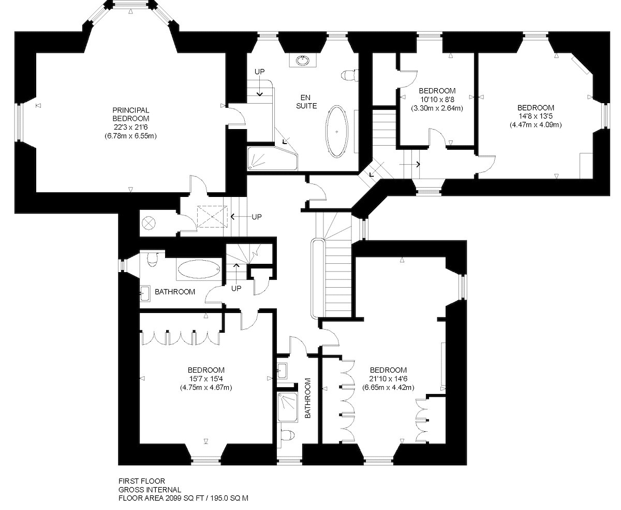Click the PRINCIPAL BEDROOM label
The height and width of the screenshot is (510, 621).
(x=131, y=114)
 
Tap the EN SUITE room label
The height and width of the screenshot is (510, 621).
(x=306, y=102)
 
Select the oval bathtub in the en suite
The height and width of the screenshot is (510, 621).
(x=336, y=132)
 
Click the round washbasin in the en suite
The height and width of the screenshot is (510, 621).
(x=302, y=61)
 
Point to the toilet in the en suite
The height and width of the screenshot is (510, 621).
(x=349, y=75)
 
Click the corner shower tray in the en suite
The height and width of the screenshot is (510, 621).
(x=272, y=158)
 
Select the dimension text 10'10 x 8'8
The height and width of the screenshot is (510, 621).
(x=437, y=100)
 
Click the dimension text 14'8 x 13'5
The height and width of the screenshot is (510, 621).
(x=536, y=116)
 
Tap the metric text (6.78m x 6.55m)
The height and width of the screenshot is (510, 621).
(x=131, y=136)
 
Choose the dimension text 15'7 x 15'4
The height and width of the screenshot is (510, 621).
(x=206, y=379)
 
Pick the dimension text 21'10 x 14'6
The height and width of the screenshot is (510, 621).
(x=388, y=379)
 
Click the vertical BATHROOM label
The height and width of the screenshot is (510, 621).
(x=308, y=398)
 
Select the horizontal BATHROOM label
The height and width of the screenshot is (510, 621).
(x=175, y=292)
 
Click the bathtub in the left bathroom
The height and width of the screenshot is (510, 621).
(x=199, y=269)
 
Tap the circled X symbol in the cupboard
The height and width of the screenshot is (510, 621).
(x=148, y=223)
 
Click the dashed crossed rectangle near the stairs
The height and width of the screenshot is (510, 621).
(x=212, y=217)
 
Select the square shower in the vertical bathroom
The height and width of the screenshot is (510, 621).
(x=287, y=407)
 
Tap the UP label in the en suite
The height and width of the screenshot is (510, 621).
(x=259, y=72)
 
